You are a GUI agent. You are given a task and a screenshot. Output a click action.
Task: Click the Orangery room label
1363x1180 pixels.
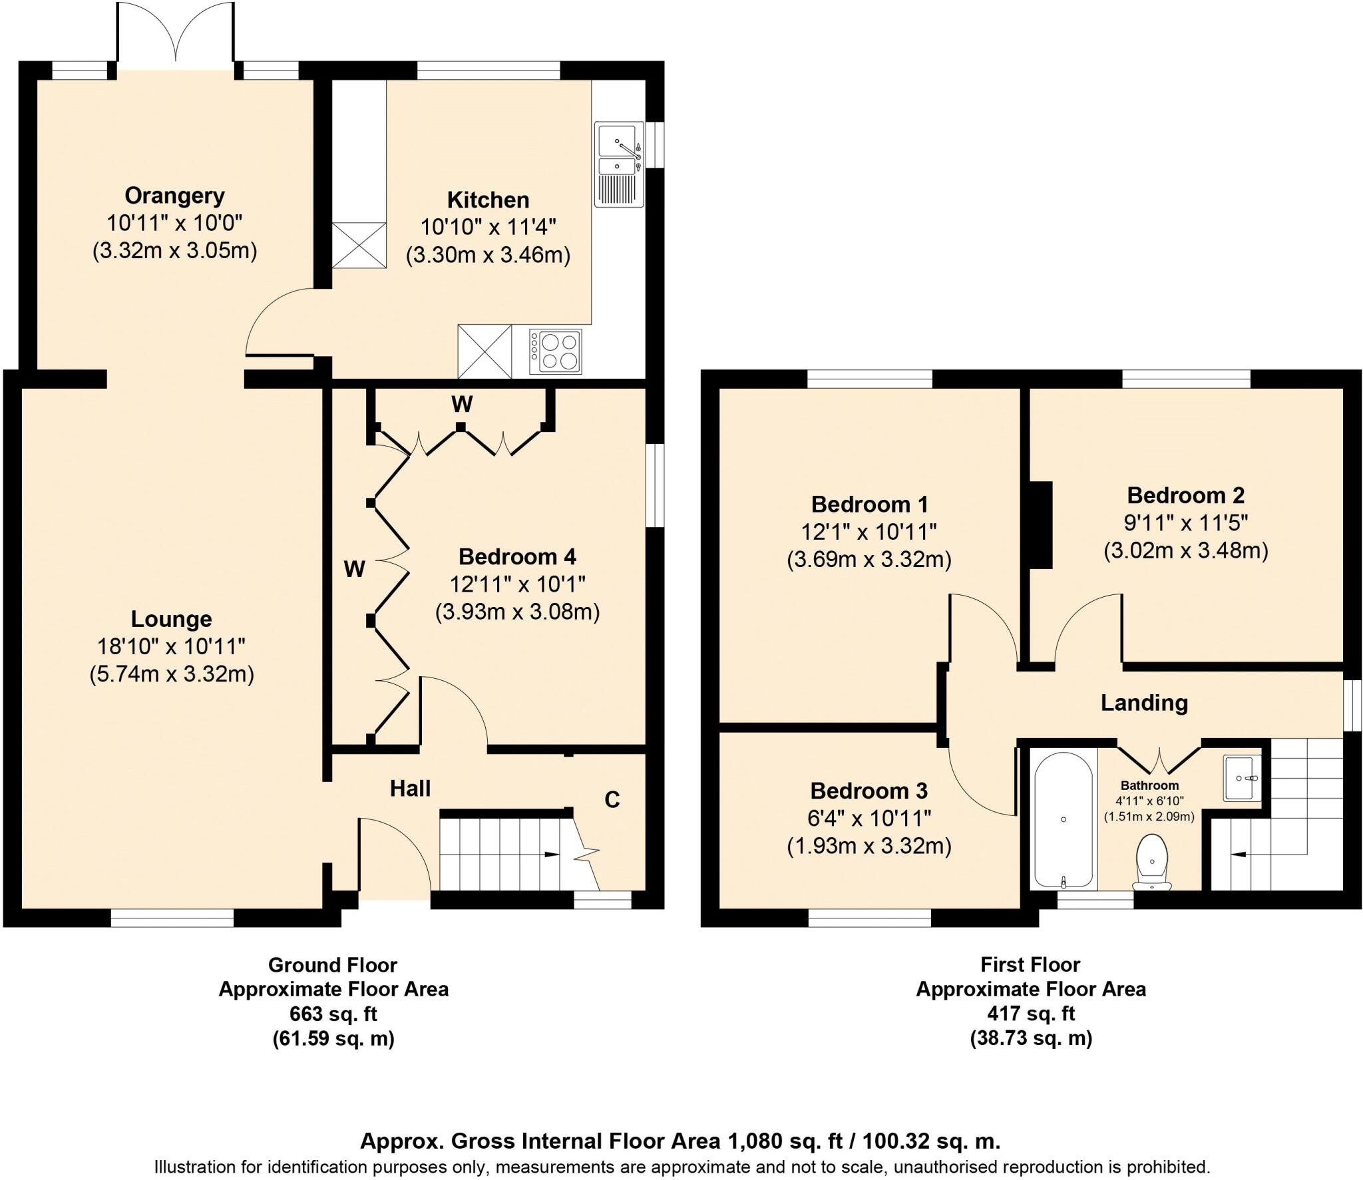(174, 196)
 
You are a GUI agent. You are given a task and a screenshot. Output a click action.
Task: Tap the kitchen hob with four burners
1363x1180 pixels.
(555, 351)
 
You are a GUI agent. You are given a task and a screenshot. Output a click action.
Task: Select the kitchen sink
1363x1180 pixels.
(619, 164)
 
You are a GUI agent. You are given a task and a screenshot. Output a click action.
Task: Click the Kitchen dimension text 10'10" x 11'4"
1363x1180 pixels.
(488, 228)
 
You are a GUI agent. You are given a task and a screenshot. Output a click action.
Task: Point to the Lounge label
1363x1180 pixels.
(171, 619)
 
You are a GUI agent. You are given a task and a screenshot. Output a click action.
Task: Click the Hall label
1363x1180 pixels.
(410, 789)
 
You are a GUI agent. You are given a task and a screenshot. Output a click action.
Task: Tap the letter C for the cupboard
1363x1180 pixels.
(612, 799)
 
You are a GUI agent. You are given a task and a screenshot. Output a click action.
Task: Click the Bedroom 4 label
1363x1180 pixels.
(517, 556)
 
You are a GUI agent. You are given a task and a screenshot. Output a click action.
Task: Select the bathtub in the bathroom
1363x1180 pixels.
(1063, 820)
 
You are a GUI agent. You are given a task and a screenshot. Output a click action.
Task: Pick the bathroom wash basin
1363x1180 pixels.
(1241, 777)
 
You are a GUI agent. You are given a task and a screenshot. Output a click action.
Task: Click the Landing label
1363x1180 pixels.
(1143, 703)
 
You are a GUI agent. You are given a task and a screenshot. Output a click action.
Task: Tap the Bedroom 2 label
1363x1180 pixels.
(1185, 495)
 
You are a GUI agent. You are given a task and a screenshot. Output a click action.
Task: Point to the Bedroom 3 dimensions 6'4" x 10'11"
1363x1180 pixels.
(869, 819)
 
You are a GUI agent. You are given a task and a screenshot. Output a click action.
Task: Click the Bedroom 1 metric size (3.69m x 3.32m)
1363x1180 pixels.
(869, 560)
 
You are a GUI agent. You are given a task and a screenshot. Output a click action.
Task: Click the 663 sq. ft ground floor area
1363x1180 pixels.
(333, 1014)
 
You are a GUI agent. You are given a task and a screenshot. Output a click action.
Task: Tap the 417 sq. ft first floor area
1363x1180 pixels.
(1030, 1014)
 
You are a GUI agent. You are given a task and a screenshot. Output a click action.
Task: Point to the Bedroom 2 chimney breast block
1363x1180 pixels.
(1040, 525)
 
